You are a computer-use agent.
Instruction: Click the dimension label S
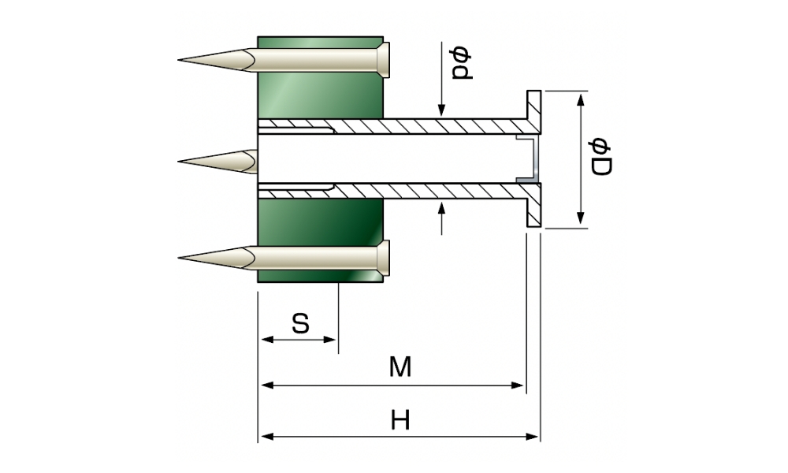tap(299, 322)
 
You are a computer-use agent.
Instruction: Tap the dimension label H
tap(401, 420)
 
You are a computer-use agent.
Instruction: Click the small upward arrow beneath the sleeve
tap(442, 210)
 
